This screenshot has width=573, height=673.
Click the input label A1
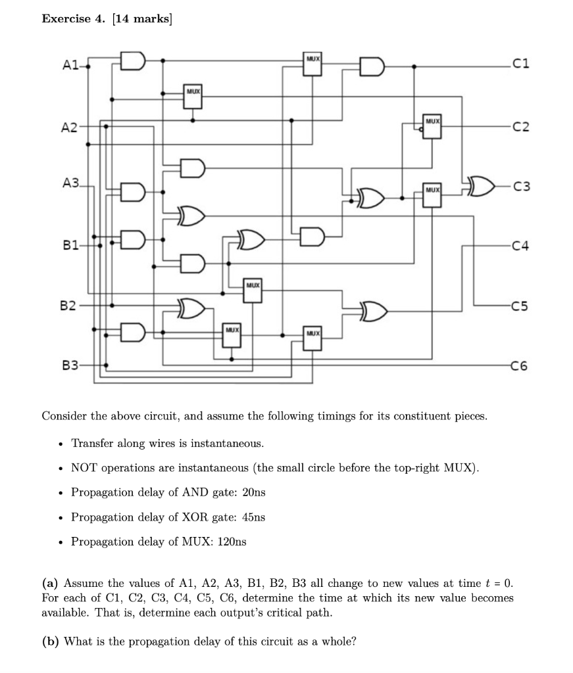click(x=70, y=65)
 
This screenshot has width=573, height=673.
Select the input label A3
click(x=70, y=183)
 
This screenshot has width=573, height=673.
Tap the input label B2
click(x=68, y=306)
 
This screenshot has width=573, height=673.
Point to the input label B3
click(x=70, y=365)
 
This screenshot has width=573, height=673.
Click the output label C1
click(x=520, y=64)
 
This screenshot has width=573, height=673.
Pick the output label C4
click(x=520, y=246)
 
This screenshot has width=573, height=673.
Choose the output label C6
click(x=519, y=365)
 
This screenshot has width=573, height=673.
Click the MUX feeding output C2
click(x=432, y=126)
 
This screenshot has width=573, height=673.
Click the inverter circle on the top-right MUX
click(x=421, y=129)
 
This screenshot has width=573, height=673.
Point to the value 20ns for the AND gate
click(x=253, y=492)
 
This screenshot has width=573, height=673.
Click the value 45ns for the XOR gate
click(x=253, y=517)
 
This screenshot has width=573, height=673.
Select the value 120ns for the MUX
click(x=232, y=542)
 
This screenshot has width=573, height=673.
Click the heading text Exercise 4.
click(x=73, y=18)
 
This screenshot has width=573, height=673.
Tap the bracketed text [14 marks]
click(x=141, y=19)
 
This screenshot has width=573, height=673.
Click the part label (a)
click(x=50, y=583)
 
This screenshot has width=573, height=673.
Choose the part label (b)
click(x=50, y=641)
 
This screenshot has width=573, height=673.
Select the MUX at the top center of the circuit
click(x=312, y=64)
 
